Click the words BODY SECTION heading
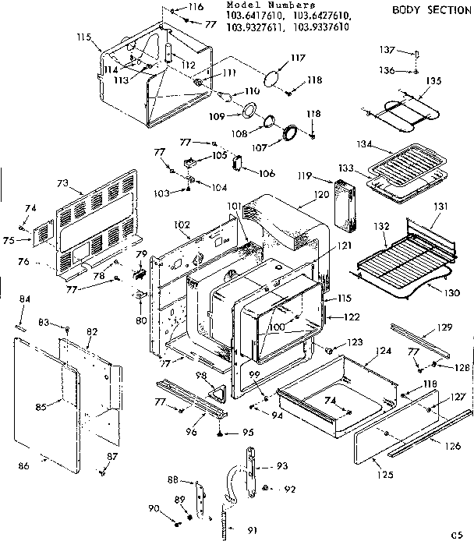[x=428, y=10]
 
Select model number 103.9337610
[x=320, y=27]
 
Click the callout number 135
[x=433, y=80]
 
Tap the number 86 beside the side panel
[x=23, y=465]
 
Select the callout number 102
[x=181, y=225]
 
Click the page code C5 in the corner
[x=457, y=534]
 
